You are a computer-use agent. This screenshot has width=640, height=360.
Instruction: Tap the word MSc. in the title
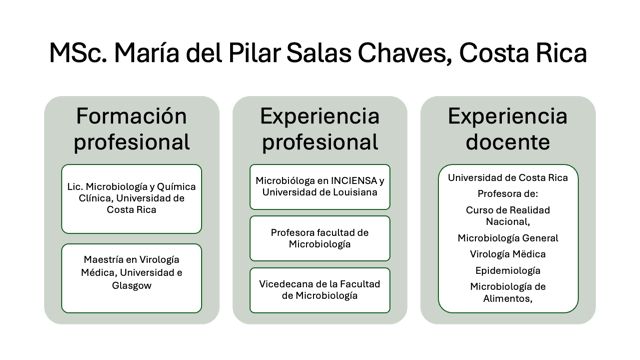pyautogui.click(x=78, y=53)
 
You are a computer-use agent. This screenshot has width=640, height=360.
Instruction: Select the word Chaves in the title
pyautogui.click(x=404, y=53)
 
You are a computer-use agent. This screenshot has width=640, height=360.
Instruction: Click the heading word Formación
pyautogui.click(x=131, y=116)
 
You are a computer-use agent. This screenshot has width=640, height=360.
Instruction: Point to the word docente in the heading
pyautogui.click(x=507, y=142)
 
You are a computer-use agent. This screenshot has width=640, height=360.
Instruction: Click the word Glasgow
pyautogui.click(x=131, y=285)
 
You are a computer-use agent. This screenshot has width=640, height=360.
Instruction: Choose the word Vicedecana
pyautogui.click(x=283, y=284)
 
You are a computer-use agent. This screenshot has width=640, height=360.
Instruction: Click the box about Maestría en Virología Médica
pyautogui.click(x=131, y=278)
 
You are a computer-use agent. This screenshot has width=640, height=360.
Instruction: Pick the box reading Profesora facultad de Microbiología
pyautogui.click(x=320, y=238)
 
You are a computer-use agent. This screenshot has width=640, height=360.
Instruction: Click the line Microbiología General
pyautogui.click(x=507, y=238)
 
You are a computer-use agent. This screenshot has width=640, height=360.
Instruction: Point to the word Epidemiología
pyautogui.click(x=507, y=271)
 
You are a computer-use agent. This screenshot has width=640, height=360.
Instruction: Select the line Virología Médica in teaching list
pyautogui.click(x=507, y=254)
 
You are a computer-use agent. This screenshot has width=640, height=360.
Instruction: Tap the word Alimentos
pyautogui.click(x=507, y=299)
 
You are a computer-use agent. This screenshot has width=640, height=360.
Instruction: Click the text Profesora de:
pyautogui.click(x=507, y=194)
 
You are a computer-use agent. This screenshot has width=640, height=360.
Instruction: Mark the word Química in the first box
pyautogui.click(x=176, y=187)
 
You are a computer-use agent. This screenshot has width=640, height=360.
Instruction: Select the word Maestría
pyautogui.click(x=103, y=260)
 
